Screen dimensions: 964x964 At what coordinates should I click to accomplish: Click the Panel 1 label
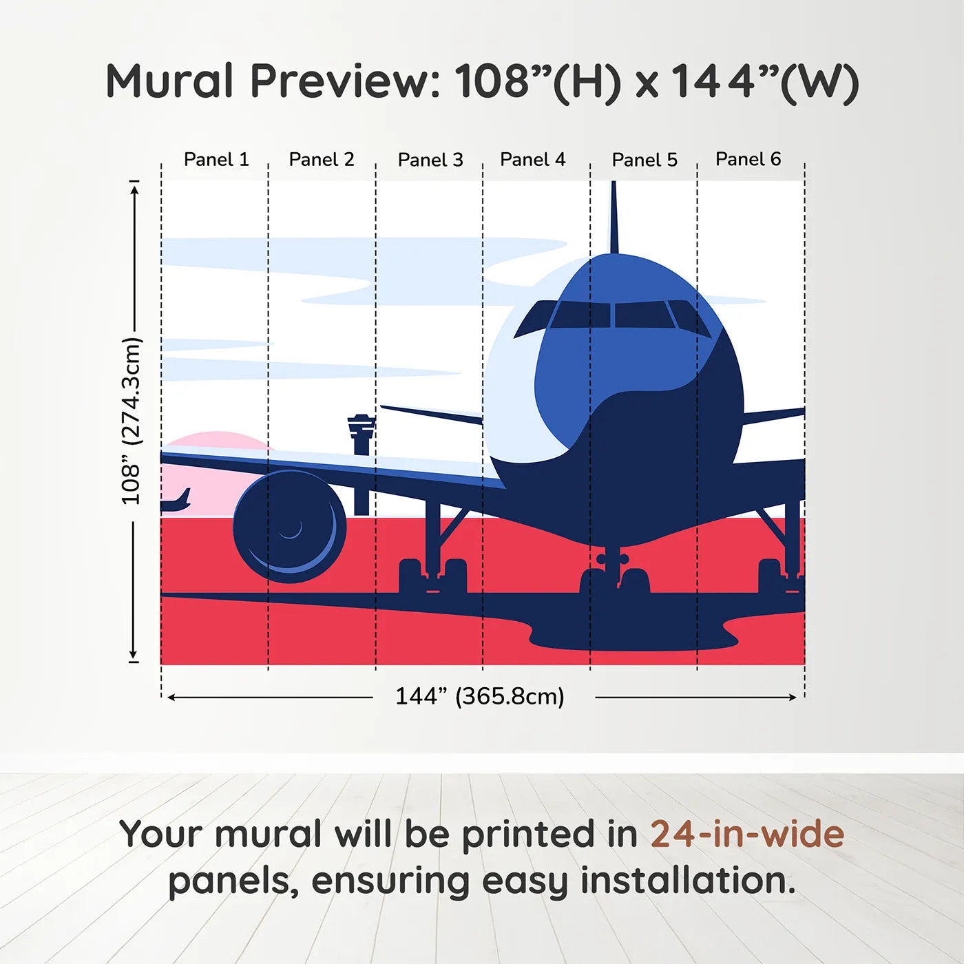216,160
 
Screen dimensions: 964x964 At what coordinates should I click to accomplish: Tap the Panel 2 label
321,160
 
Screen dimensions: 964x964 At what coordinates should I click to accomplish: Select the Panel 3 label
430,160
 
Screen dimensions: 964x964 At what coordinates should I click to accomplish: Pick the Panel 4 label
532,160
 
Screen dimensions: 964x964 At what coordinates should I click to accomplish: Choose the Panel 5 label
645,160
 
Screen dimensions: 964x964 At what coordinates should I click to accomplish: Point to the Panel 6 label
748,160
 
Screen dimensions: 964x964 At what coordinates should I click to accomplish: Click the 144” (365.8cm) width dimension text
479,696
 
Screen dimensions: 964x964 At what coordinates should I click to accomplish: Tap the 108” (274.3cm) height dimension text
131,421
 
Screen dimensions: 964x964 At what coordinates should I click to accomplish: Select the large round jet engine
289,526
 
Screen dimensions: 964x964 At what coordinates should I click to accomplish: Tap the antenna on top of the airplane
614,217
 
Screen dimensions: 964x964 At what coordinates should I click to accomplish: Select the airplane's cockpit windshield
613,315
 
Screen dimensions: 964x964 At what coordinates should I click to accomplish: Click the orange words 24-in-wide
746,834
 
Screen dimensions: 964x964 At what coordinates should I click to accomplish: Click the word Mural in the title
169,81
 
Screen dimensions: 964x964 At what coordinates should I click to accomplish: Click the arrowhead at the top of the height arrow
134,187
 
